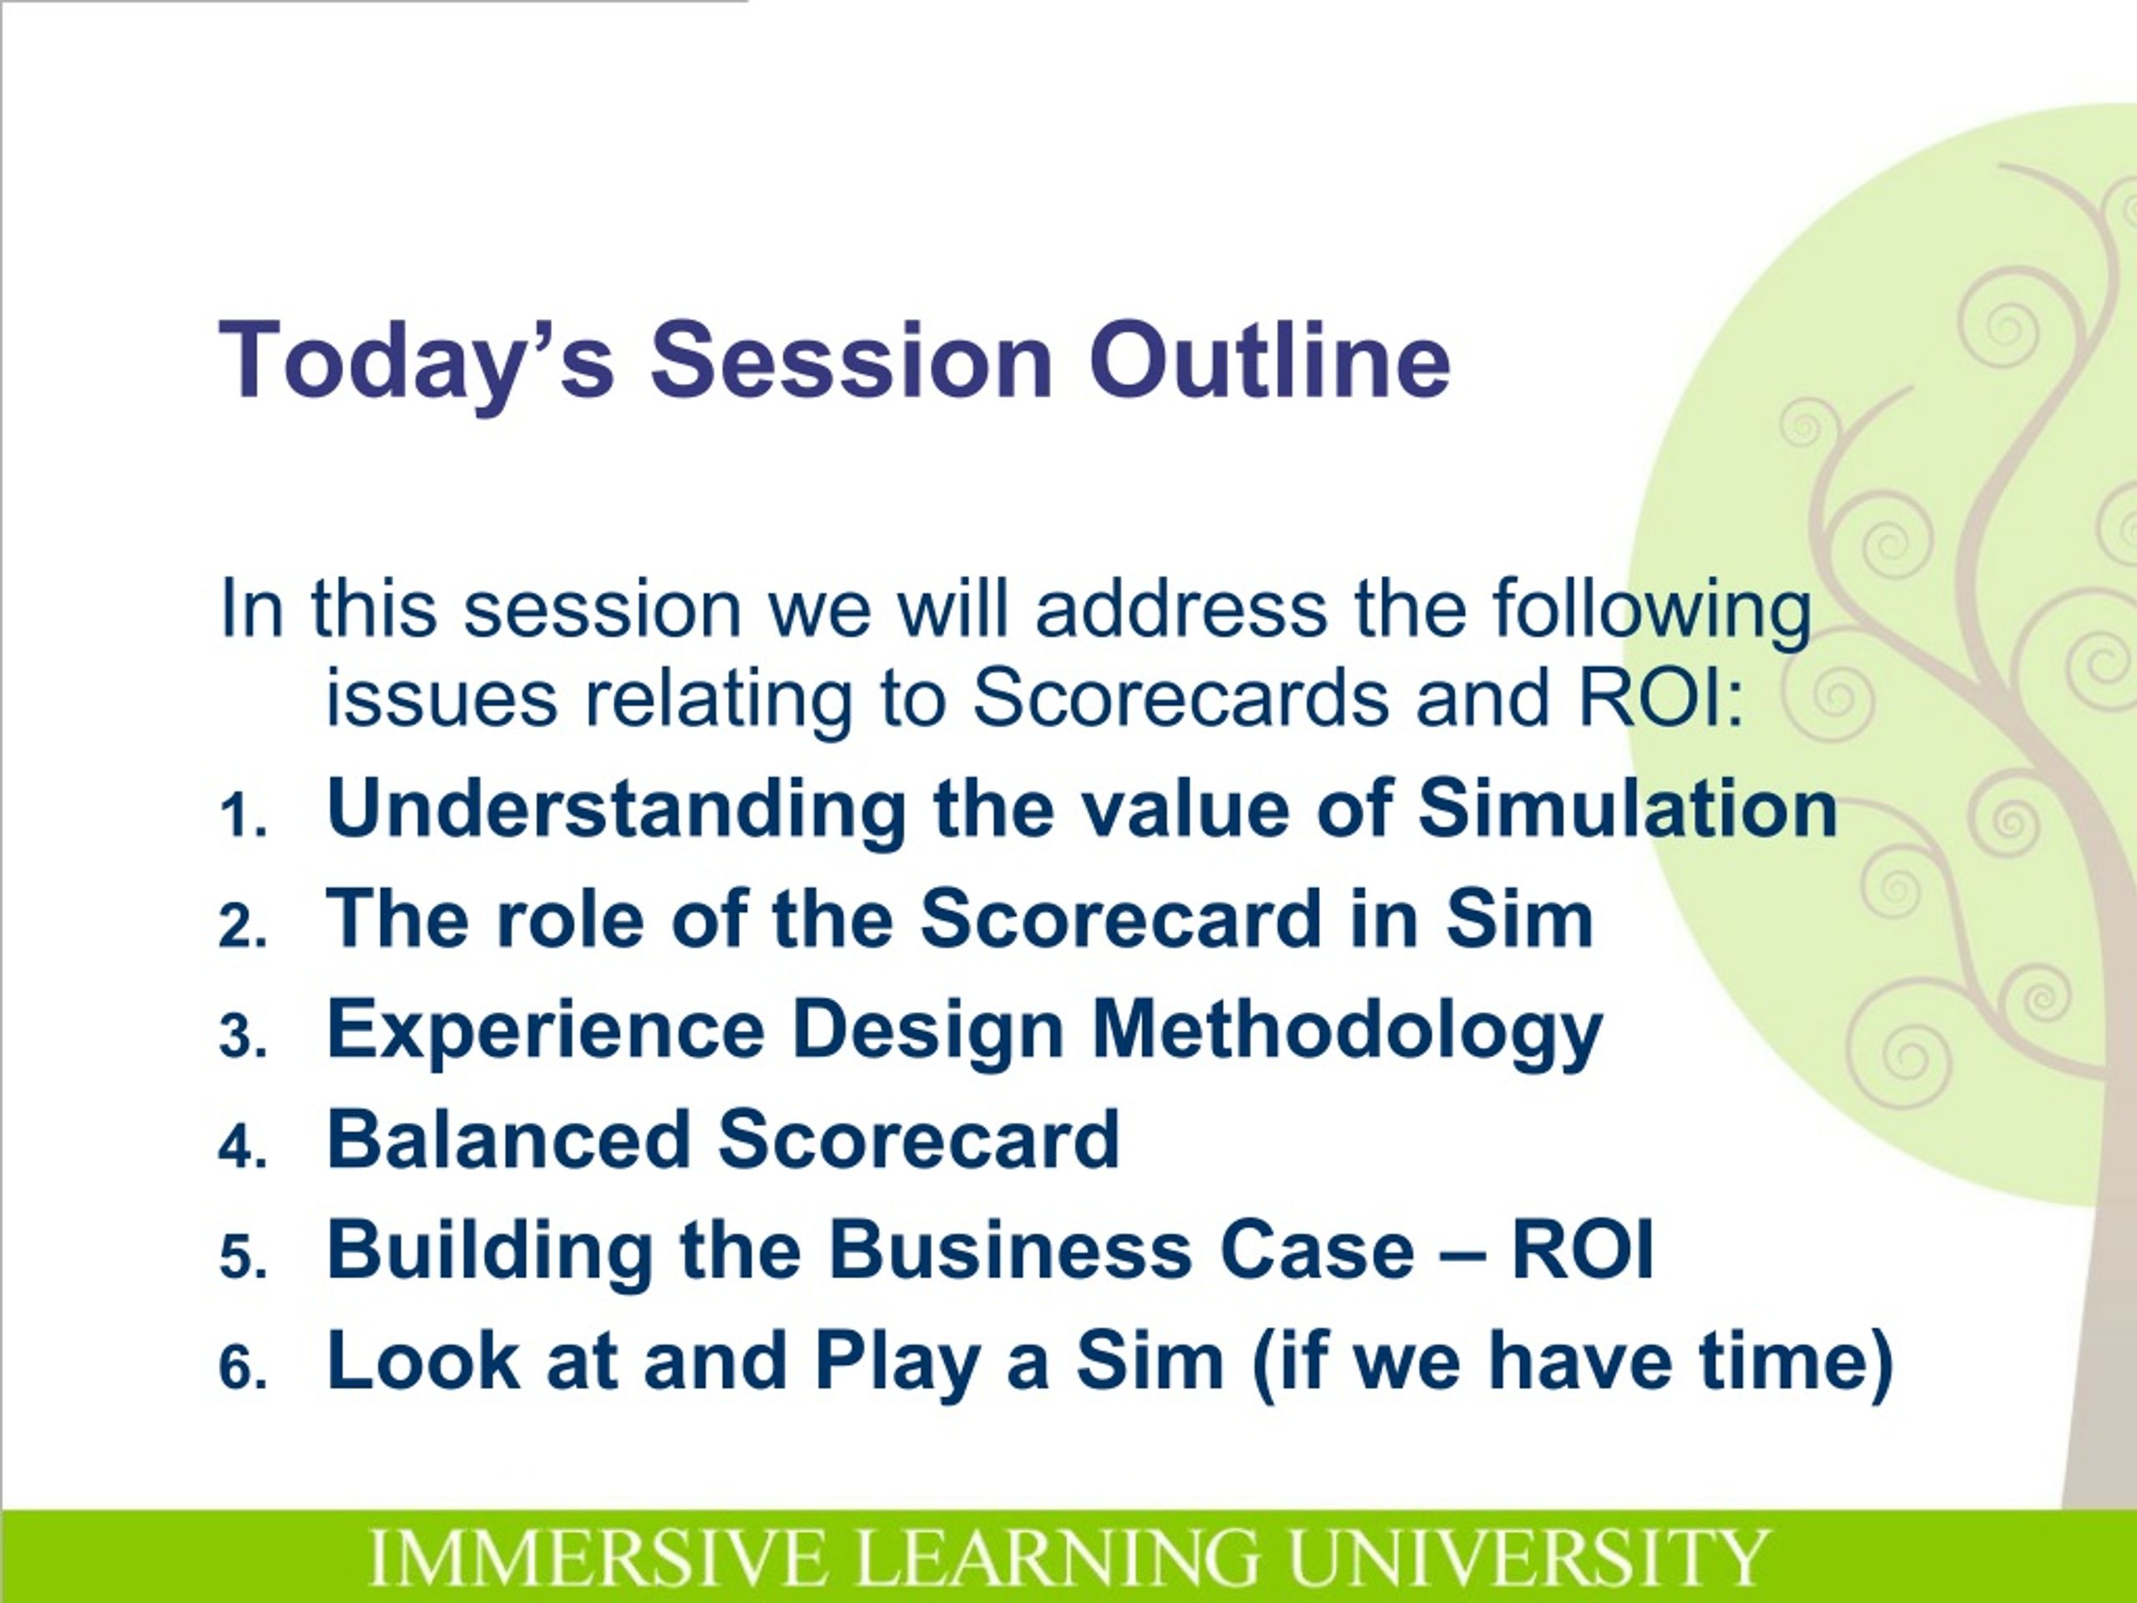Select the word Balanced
(509, 1139)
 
